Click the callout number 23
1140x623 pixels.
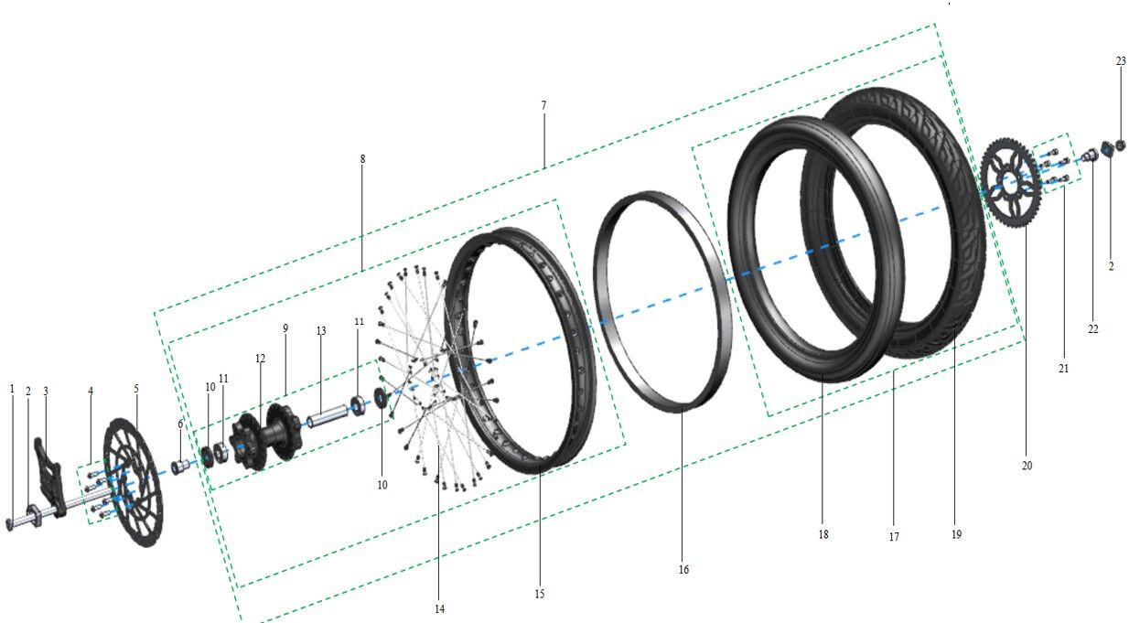[x=1121, y=61]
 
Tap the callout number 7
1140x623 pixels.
[x=543, y=106]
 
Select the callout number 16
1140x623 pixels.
[x=683, y=569]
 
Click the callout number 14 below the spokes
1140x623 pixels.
[x=440, y=608]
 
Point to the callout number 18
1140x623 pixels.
[x=823, y=534]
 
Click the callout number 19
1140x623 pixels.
[x=956, y=534]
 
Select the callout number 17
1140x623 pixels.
[x=894, y=537]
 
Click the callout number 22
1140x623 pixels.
[x=1093, y=329]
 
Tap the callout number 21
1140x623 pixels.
[x=1063, y=369]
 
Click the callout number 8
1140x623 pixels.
[x=362, y=158]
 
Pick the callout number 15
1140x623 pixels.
[x=540, y=595]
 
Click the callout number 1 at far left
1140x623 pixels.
[x=12, y=388]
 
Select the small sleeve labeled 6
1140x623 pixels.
[x=182, y=466]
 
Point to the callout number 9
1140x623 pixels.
[x=285, y=327]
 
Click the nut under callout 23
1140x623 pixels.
[x=1122, y=145]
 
